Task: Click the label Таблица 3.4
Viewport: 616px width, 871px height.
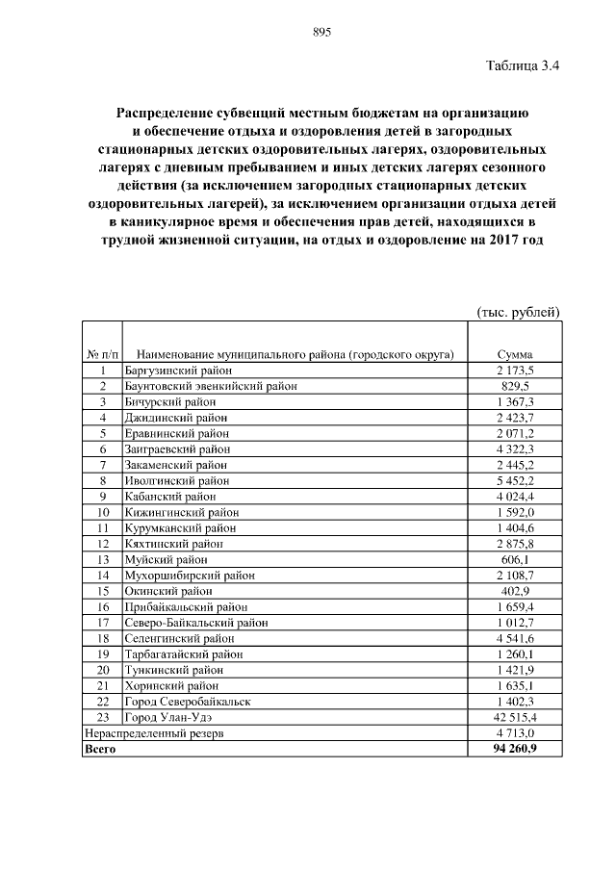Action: click(x=523, y=66)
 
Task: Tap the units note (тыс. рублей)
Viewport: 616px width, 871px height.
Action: click(x=518, y=312)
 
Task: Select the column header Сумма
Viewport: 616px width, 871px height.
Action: click(x=515, y=354)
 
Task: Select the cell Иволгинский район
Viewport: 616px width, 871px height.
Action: click(x=177, y=479)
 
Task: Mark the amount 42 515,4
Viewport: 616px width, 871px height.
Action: click(x=515, y=716)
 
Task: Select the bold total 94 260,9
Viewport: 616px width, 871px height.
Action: click(x=515, y=748)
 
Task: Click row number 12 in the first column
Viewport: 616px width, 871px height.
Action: click(x=101, y=543)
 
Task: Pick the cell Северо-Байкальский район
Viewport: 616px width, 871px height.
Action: click(x=195, y=622)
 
